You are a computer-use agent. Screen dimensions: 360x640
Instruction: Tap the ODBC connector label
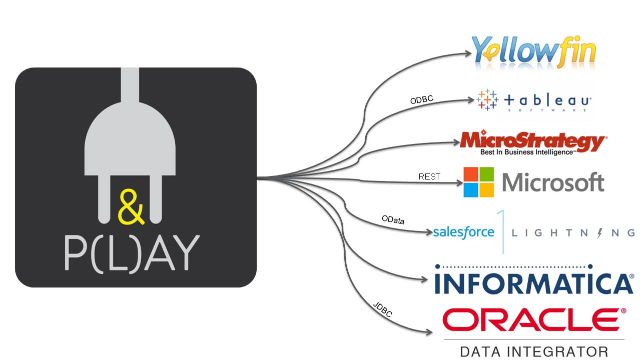point(421,100)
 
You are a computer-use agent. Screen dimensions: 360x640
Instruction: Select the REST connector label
point(429,176)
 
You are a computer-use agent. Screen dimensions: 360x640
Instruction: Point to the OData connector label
point(393,219)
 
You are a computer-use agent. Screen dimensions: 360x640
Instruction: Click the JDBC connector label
point(382,310)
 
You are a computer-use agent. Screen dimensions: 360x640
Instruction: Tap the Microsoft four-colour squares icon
point(478,182)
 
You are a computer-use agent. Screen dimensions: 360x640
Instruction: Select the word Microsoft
point(553,182)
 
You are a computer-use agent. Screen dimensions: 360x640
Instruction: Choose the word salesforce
point(463,232)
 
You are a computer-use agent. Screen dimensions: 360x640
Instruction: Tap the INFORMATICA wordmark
point(534,283)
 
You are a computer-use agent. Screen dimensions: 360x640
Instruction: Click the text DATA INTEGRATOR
point(534,351)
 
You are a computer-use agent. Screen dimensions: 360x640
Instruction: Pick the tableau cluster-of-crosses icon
point(487,99)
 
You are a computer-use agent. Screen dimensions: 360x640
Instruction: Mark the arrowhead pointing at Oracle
point(429,331)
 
